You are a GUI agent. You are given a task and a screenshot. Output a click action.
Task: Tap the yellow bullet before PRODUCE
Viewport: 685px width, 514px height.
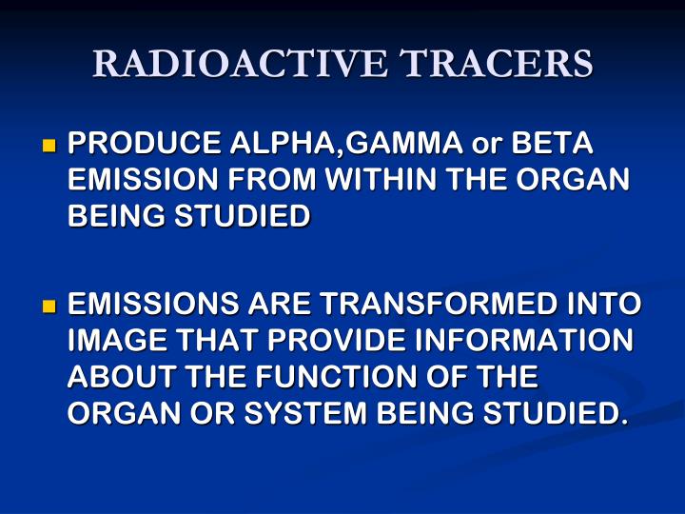click(49, 147)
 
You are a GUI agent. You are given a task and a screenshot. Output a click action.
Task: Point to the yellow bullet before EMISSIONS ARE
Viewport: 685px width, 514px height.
click(49, 306)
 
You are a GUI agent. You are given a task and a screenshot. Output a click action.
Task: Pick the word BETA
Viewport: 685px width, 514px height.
click(552, 145)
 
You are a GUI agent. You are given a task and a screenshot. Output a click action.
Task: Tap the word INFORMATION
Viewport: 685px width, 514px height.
click(515, 341)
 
